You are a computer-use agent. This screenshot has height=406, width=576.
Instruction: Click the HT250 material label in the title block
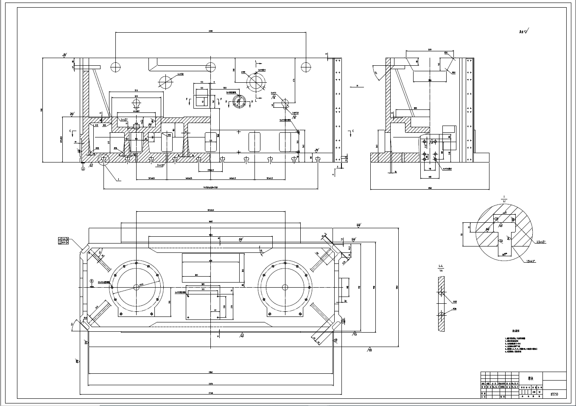pyautogui.click(x=554, y=394)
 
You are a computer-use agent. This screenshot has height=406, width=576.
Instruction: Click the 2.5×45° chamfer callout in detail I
pyautogui.click(x=540, y=242)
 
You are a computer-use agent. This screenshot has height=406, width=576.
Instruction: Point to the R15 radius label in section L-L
pyautogui.click(x=454, y=302)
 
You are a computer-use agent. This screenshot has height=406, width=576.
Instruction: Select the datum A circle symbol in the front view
pyautogui.click(x=83, y=168)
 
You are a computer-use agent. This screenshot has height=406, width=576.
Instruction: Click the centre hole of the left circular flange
pyautogui.click(x=137, y=287)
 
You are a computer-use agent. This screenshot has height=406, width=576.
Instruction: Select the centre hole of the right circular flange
pyautogui.click(x=285, y=287)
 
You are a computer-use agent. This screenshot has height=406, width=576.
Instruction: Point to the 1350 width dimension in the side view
pyautogui.click(x=430, y=188)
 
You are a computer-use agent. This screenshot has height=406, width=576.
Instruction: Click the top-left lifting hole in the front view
pyautogui.click(x=116, y=67)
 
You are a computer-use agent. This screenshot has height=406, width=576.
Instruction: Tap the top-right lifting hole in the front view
pyautogui.click(x=305, y=67)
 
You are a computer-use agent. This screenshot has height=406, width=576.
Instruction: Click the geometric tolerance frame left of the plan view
pyautogui.click(x=64, y=241)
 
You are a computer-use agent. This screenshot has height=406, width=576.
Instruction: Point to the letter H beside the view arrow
pyautogui.click(x=358, y=86)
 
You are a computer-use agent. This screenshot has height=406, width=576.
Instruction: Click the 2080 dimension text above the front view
pyautogui.click(x=210, y=31)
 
